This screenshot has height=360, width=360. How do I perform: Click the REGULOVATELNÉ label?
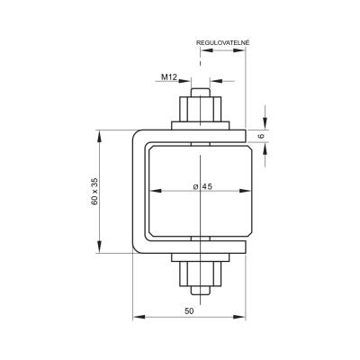click(222, 42)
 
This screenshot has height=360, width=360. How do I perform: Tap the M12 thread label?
click(168, 77)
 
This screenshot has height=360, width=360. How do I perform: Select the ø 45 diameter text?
click(202, 186)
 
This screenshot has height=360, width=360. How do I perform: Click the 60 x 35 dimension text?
click(94, 192)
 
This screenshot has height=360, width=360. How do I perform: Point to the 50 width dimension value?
click(189, 311)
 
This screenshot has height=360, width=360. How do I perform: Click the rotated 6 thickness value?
click(261, 136)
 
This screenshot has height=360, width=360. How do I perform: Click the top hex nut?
click(200, 109)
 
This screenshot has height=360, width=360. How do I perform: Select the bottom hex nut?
click(200, 274)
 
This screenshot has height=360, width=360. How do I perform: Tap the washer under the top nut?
click(200, 125)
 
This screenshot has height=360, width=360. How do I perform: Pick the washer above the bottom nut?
click(200, 257)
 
